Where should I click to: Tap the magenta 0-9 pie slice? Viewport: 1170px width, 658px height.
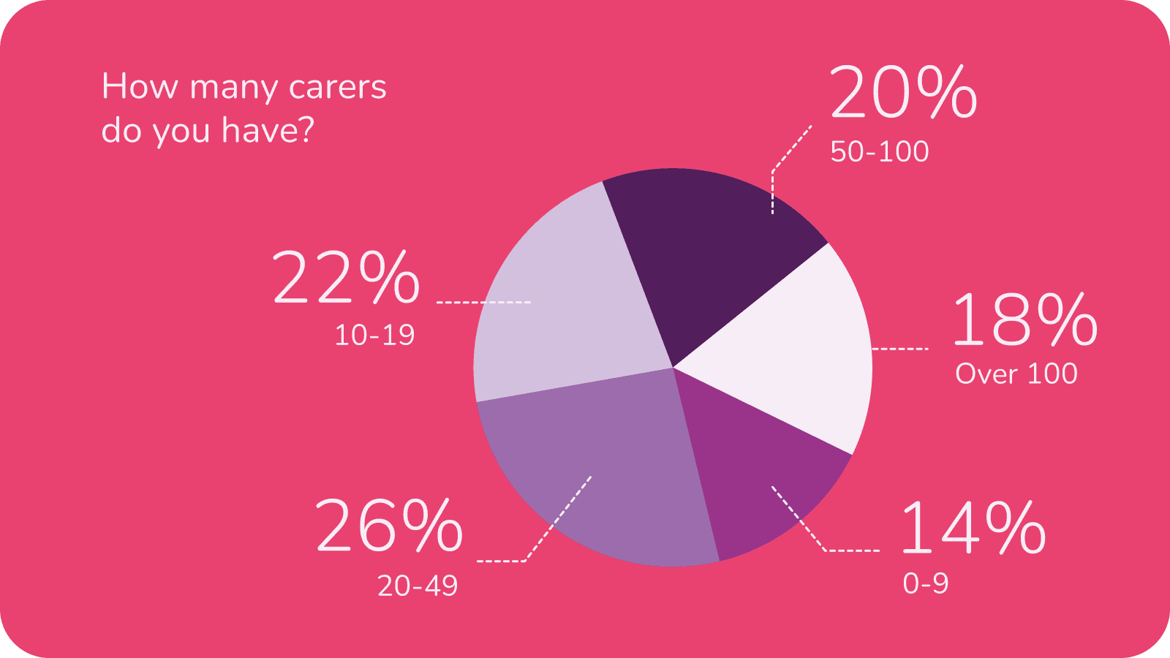click(760, 475)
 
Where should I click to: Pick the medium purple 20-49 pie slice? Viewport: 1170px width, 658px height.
click(607, 468)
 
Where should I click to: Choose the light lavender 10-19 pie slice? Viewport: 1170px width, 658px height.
click(563, 307)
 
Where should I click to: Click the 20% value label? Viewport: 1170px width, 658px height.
click(903, 93)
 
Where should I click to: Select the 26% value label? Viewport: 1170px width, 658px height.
click(389, 526)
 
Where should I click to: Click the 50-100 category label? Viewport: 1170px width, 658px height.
click(879, 152)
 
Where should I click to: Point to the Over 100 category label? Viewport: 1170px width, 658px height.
click(1016, 374)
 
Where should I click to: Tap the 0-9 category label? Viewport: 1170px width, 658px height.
click(925, 583)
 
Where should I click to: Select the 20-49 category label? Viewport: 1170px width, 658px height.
click(418, 586)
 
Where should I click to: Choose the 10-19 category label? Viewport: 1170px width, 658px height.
click(374, 336)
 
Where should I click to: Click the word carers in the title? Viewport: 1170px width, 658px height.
click(337, 87)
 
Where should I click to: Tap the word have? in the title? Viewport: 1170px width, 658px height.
click(268, 130)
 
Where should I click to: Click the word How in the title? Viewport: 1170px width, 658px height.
click(140, 86)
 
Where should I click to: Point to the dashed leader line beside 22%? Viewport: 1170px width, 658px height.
click(483, 302)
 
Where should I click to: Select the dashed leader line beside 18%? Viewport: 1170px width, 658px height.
click(900, 349)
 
